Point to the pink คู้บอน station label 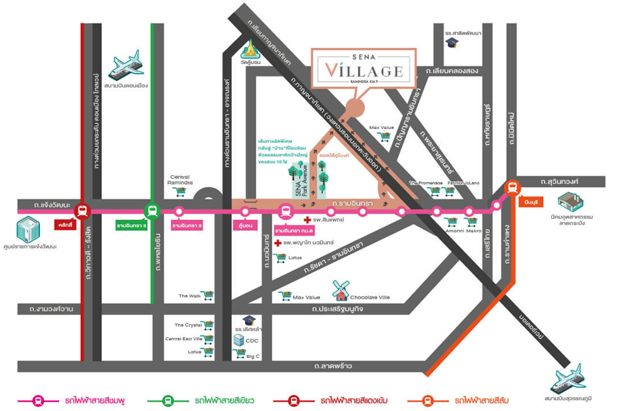(x=244, y=225)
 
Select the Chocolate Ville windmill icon (x=339, y=289)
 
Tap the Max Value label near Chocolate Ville (x=307, y=297)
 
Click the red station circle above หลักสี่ (x=82, y=211)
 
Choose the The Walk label (x=189, y=296)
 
